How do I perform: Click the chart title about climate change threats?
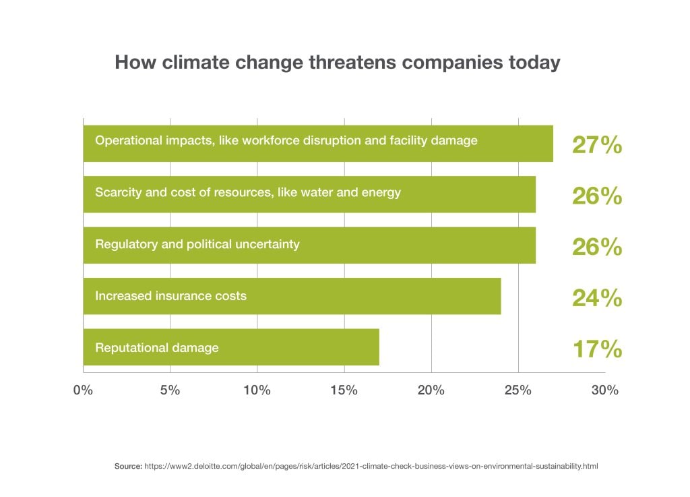(x=337, y=63)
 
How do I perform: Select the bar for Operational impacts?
(x=317, y=143)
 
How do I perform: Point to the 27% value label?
(x=596, y=145)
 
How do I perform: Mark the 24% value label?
(x=596, y=297)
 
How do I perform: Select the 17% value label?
(x=596, y=349)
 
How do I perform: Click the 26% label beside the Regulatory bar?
(x=596, y=247)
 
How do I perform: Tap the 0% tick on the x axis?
(x=84, y=390)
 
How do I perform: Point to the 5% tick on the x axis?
(x=170, y=390)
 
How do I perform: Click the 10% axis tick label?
(x=257, y=390)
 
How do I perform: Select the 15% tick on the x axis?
(x=344, y=390)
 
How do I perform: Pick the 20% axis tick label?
(x=431, y=390)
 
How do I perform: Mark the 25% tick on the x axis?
(x=517, y=390)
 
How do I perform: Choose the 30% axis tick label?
(x=604, y=390)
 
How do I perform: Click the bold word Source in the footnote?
(x=128, y=466)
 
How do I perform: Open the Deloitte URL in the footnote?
(x=371, y=466)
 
